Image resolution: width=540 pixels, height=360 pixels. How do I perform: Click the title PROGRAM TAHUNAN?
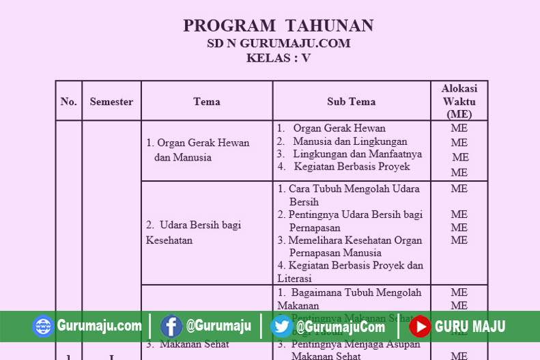[278, 26]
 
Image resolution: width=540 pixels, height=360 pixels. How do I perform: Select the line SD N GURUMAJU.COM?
[279, 43]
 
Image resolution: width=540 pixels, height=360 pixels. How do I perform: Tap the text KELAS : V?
[278, 58]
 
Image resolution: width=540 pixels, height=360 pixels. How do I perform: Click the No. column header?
[68, 102]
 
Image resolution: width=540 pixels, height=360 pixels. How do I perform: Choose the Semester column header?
[111, 102]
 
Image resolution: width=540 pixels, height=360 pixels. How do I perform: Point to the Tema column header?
[206, 102]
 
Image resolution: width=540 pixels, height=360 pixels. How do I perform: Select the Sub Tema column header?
[351, 102]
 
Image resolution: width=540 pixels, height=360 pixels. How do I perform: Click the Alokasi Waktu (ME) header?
[459, 101]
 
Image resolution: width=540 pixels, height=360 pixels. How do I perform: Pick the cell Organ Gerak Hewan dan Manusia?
[197, 150]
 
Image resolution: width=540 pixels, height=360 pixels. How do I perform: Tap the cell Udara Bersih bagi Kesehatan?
[193, 232]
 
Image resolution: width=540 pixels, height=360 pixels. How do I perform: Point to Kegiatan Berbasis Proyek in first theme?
[352, 166]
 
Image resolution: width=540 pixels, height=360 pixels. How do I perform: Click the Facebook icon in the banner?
[171, 326]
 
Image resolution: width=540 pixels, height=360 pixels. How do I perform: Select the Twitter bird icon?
[281, 326]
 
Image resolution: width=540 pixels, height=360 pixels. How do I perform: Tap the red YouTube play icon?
[420, 326]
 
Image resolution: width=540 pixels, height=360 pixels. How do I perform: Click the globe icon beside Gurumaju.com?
[43, 326]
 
